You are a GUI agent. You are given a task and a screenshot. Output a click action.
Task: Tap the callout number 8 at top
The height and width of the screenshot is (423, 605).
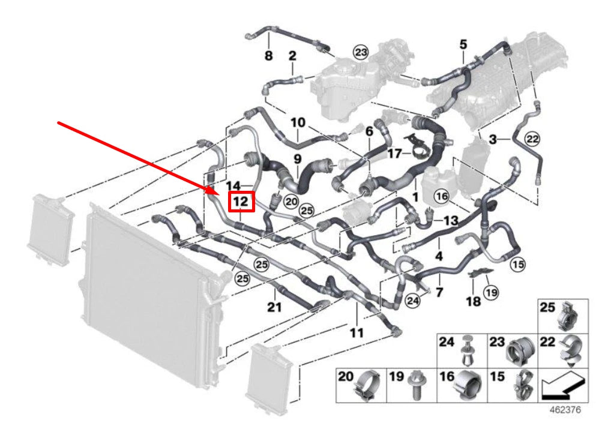point(268,56)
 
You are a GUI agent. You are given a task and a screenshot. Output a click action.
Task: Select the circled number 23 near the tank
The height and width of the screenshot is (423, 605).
point(360,53)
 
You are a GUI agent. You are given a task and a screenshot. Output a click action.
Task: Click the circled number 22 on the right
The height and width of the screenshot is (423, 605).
point(532,139)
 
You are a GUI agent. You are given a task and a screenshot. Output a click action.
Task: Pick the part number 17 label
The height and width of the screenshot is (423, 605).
point(394,154)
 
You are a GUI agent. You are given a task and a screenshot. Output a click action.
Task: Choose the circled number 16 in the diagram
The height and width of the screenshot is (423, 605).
point(442,196)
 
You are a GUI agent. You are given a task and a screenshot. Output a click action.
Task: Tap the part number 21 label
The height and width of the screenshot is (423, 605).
point(274,308)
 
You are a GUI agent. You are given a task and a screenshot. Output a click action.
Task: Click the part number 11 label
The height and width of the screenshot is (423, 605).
point(357,332)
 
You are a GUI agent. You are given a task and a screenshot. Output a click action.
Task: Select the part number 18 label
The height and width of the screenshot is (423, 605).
point(474,301)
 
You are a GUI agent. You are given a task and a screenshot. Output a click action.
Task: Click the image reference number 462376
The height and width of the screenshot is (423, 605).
point(564,411)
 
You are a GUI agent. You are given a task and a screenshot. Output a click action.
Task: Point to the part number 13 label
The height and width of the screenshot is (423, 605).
point(450,221)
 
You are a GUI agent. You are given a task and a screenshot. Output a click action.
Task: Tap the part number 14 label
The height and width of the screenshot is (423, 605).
point(233,185)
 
